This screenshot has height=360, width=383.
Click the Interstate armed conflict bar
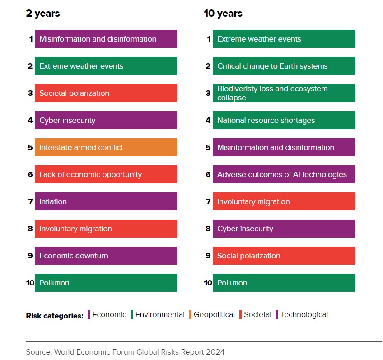coord(106,147)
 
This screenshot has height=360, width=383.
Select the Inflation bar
coord(106,201)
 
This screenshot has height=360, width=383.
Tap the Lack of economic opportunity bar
coord(106,174)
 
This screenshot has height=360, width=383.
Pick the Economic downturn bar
coord(106,256)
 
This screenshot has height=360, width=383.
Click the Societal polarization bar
coord(106,93)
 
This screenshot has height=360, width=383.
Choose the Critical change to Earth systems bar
coord(284,66)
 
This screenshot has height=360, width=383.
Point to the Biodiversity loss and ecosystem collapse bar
coord(284,93)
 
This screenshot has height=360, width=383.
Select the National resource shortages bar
coord(284,120)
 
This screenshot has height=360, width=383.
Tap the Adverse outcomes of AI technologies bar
coord(284,174)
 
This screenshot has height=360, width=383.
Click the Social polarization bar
coord(284,256)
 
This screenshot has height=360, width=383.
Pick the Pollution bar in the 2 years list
coord(106,283)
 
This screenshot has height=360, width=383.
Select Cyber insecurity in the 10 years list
coord(284,229)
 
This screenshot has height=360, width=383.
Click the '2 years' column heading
coord(43,14)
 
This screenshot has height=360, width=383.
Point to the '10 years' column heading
coord(223,14)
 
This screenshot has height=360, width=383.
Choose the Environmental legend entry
coord(159,315)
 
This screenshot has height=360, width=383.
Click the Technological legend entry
coord(304,315)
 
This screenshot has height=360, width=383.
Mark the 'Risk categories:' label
coord(55,316)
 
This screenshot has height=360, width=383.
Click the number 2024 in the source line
coord(215,352)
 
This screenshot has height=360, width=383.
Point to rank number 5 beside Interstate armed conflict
coord(30,147)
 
